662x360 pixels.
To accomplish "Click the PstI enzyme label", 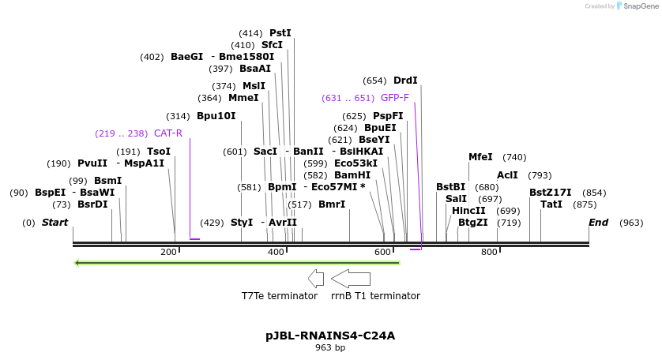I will coord(280,33).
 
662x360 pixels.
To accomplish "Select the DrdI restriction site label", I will coord(405,81).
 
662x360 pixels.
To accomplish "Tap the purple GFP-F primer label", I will coord(394,98).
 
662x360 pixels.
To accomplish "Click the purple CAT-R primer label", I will coord(167,133).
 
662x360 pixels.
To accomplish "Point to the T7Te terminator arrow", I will coord(316,278).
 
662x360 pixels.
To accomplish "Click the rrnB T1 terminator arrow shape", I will coord(351,278).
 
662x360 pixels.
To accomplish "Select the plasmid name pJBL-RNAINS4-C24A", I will coord(330,336).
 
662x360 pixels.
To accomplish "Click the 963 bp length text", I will coord(330,347).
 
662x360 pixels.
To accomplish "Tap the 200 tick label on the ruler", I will coord(168,252).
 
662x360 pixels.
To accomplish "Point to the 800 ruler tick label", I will coord(489,252).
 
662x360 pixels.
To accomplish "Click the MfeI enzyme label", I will coord(480,157).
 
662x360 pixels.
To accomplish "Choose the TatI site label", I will coord(551,204).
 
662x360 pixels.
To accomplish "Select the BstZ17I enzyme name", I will coord(550,193).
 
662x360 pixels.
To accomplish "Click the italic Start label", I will coord(55,223).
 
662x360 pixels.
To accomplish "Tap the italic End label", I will coord(598,223).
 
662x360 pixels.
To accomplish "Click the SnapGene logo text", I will coord(638,6).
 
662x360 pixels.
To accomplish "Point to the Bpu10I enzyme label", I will coord(216,116).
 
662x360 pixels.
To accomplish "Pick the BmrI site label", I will coord(332,204).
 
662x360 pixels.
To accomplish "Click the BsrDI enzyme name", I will coord(92,204).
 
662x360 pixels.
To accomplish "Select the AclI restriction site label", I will coord(507,175).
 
